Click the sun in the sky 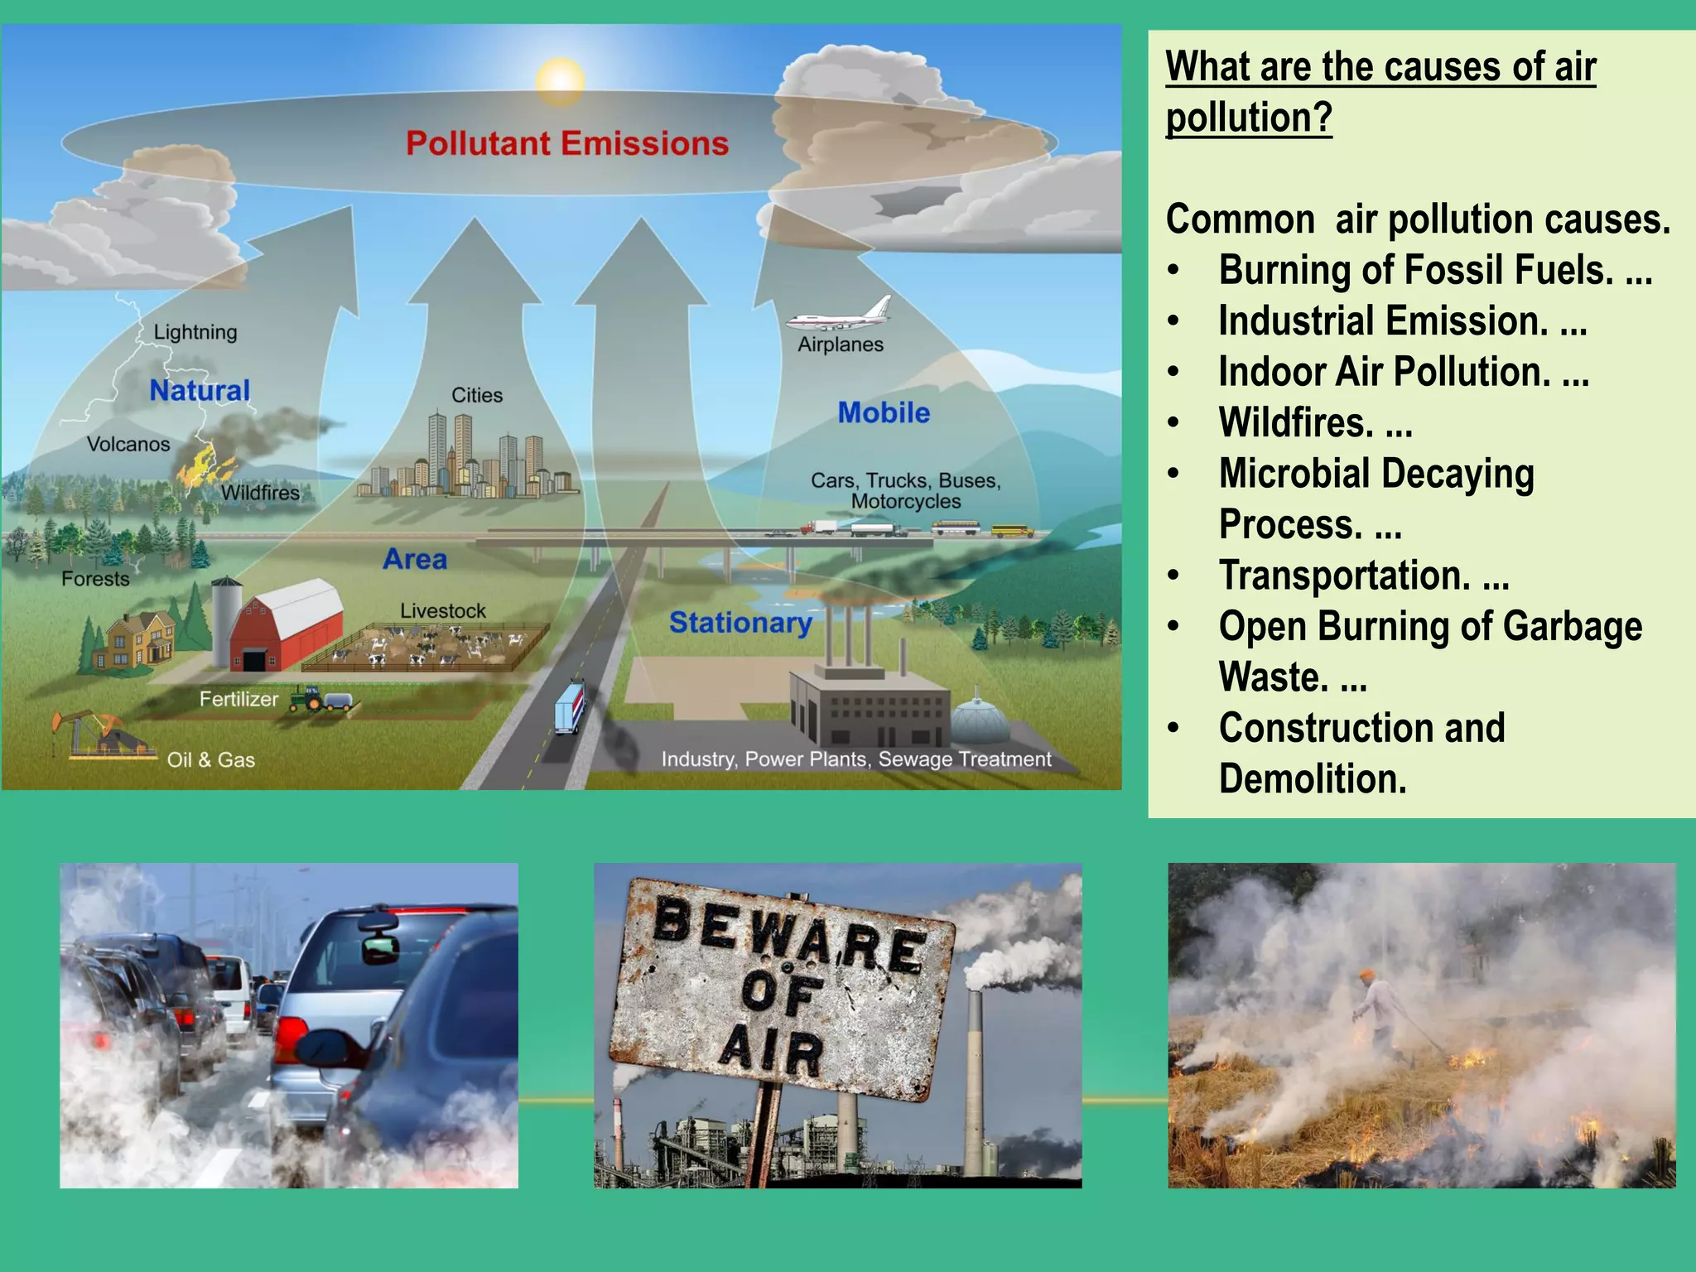pyautogui.click(x=561, y=80)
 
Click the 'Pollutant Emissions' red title pyautogui.click(x=567, y=143)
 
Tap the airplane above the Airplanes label pyautogui.click(x=841, y=315)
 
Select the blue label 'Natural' pyautogui.click(x=200, y=390)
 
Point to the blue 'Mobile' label pyautogui.click(x=884, y=412)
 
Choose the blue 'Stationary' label pyautogui.click(x=740, y=622)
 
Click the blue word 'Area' pyautogui.click(x=415, y=559)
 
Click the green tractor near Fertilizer pyautogui.click(x=307, y=700)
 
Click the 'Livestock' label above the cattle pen pyautogui.click(x=443, y=610)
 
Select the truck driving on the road pyautogui.click(x=570, y=706)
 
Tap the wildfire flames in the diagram pyautogui.click(x=197, y=465)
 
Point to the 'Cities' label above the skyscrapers pyautogui.click(x=477, y=395)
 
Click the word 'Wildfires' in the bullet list pyautogui.click(x=1296, y=423)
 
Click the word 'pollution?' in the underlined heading pyautogui.click(x=1249, y=118)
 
